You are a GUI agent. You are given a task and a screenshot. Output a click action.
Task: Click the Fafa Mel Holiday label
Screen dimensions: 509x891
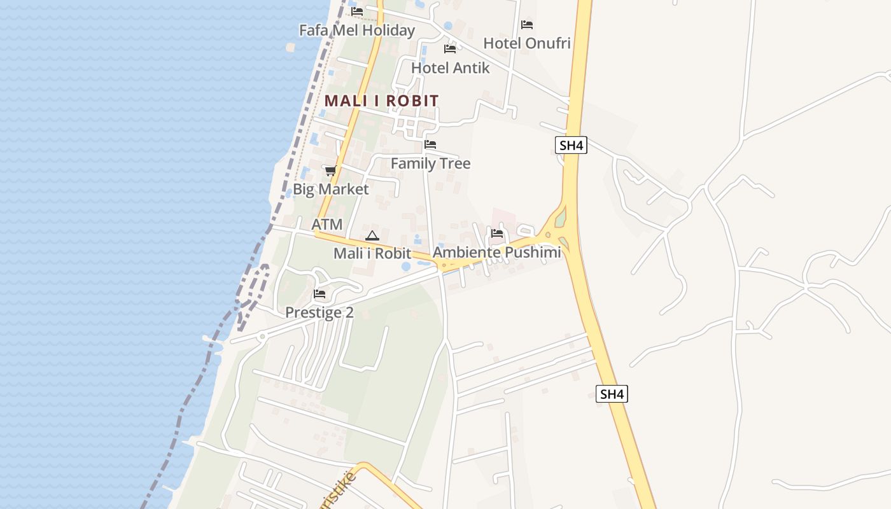click(356, 30)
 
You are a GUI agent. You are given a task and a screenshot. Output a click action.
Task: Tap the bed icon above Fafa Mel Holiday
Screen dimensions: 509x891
click(357, 11)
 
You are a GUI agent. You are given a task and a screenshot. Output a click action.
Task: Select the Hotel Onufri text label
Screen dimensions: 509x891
click(526, 43)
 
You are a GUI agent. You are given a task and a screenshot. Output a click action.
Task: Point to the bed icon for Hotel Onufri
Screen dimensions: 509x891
click(527, 25)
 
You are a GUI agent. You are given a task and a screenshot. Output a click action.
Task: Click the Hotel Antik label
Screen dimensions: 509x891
click(450, 67)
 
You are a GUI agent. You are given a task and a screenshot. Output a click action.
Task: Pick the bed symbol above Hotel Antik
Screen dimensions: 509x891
click(450, 49)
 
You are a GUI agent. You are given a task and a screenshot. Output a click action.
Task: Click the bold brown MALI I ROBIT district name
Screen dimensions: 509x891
click(381, 101)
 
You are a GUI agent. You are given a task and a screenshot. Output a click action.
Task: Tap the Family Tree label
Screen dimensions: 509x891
click(430, 164)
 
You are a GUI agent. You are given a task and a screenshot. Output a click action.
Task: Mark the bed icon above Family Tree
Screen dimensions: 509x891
click(430, 145)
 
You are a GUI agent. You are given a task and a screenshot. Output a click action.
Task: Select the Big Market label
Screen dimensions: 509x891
click(330, 189)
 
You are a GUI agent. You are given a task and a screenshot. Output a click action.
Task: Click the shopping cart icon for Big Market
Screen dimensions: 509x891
click(330, 171)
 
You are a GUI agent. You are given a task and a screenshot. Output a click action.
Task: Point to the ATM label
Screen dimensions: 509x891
click(326, 224)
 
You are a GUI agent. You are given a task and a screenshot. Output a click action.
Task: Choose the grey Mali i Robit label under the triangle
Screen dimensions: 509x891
click(372, 253)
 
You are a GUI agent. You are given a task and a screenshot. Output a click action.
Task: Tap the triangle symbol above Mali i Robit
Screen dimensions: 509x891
click(372, 235)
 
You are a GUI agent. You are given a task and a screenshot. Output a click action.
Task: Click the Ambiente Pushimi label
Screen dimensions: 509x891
click(496, 252)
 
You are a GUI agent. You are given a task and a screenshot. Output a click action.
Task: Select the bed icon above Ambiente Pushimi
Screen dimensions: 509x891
click(497, 234)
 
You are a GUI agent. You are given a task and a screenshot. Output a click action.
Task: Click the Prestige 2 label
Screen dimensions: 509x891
click(319, 312)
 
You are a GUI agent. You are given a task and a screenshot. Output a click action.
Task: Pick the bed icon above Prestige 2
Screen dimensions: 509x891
click(319, 294)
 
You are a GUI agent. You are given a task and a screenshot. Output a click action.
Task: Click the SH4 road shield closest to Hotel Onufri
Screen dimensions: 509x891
click(570, 146)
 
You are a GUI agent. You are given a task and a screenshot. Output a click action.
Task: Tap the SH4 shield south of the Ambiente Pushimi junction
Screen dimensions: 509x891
click(612, 394)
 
